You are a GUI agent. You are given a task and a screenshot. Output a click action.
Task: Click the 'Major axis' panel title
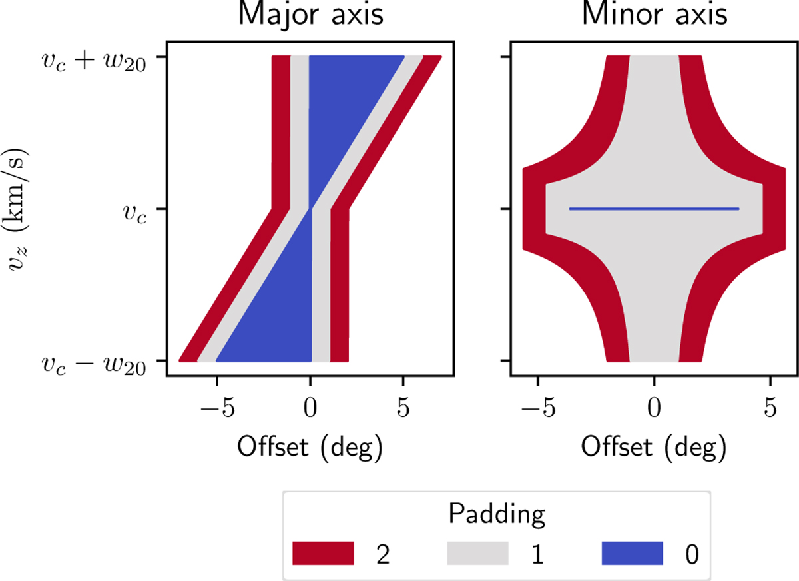(x=310, y=15)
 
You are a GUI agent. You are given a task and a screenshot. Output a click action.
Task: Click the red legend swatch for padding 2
(x=323, y=552)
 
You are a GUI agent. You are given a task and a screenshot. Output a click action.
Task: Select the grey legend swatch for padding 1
(x=478, y=552)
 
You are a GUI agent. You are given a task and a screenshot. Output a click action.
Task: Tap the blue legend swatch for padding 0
(x=633, y=552)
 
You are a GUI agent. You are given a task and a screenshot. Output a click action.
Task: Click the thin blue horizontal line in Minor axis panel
(x=654, y=209)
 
